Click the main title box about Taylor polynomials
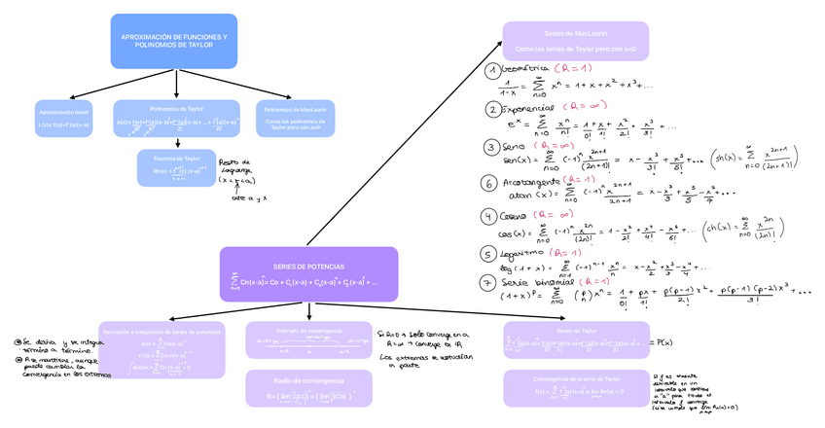[x=173, y=41]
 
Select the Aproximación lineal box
[x=62, y=119]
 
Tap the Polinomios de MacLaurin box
[x=294, y=119]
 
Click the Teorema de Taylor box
[x=176, y=165]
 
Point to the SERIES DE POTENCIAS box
[x=308, y=274]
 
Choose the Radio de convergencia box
[x=308, y=389]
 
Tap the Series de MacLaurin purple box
[x=576, y=41]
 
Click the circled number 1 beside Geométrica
[x=493, y=71]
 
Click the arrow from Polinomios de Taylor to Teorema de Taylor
[x=176, y=140]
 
